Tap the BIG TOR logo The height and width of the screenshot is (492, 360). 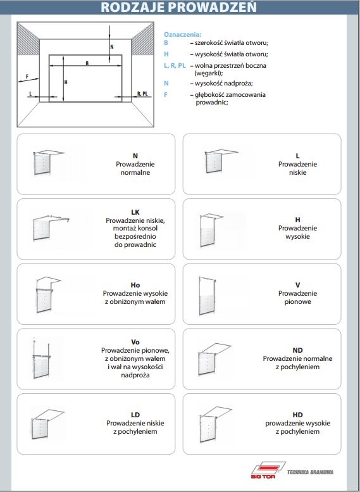tap(268, 470)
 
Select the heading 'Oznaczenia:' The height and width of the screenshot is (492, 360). tap(182, 35)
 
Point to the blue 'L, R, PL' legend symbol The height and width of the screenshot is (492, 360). tap(175, 66)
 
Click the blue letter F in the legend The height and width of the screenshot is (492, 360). tap(166, 94)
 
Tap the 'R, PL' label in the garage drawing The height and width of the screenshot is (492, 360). tap(142, 94)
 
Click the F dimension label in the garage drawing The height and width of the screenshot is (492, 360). tap(27, 76)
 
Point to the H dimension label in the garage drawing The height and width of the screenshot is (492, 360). tap(66, 82)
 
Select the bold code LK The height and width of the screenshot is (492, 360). tap(135, 212)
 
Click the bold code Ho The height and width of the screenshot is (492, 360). tap(135, 285)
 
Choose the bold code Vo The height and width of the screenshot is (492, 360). tap(135, 342)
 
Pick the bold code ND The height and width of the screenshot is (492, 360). tap(297, 350)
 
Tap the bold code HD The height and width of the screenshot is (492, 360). tap(297, 415)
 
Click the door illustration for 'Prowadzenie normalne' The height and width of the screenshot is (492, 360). tap(48, 162)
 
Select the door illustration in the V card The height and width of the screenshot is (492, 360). tap(208, 296)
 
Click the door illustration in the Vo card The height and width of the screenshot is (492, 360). tap(42, 359)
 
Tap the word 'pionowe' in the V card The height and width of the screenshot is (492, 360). tap(297, 302)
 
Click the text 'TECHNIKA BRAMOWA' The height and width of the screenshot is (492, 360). tap(310, 472)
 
